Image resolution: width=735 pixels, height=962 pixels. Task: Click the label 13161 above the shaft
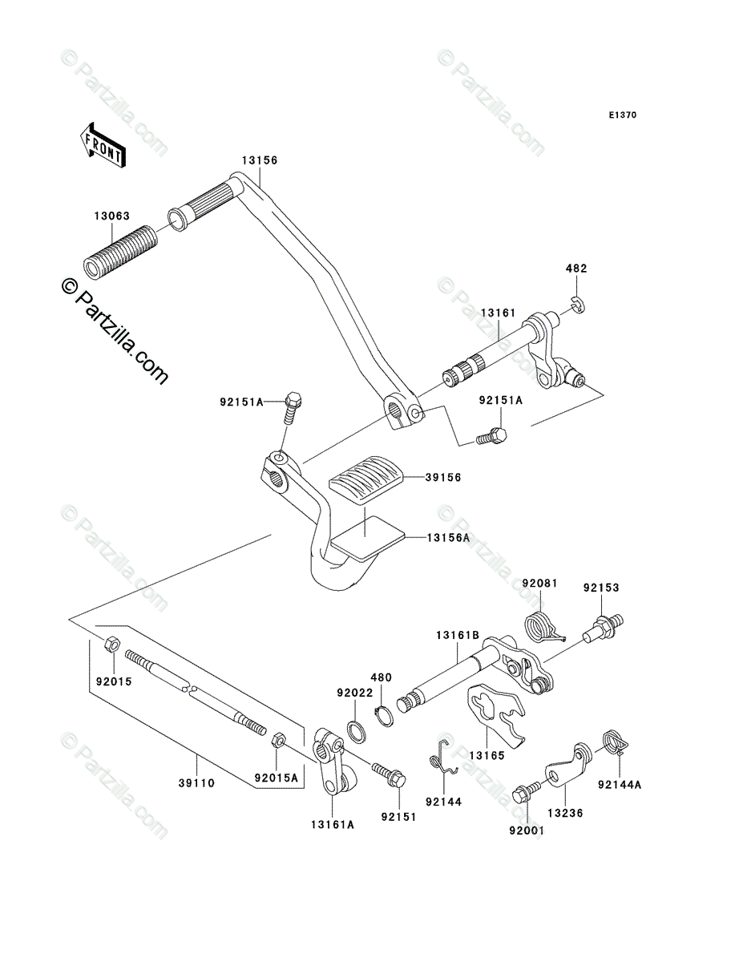pos(498,313)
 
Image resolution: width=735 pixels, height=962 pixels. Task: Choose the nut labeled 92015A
pos(279,738)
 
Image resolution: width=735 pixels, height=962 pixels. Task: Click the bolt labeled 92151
pos(389,774)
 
